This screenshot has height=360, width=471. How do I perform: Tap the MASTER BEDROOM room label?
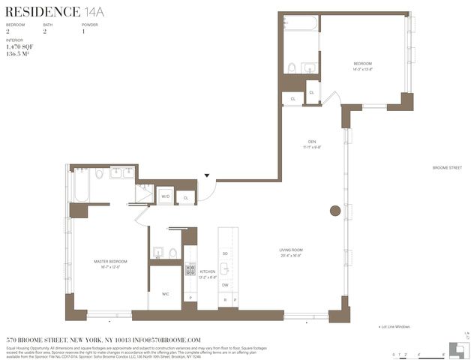(x=110, y=262)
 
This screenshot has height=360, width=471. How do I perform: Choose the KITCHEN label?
(x=207, y=271)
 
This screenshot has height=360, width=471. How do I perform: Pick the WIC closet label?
(x=165, y=294)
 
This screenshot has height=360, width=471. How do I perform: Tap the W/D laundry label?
(x=165, y=197)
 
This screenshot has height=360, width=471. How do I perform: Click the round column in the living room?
(x=335, y=211)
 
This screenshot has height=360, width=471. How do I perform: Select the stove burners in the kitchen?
(x=190, y=269)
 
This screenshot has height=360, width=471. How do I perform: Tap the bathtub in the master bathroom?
(x=81, y=185)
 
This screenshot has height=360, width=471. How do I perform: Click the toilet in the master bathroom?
(x=99, y=174)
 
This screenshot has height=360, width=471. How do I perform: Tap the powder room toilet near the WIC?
(x=173, y=253)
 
